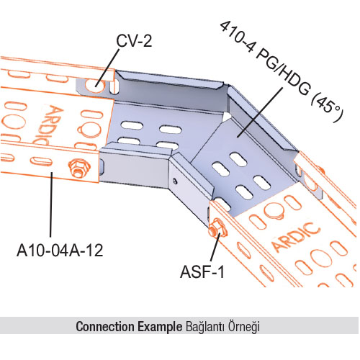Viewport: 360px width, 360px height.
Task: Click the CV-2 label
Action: point(134,41)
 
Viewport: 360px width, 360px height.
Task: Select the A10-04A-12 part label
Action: point(60,251)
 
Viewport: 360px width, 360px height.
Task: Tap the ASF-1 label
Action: point(202,272)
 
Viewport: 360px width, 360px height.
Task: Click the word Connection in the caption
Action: point(105,327)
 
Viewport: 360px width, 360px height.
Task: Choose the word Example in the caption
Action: point(160,327)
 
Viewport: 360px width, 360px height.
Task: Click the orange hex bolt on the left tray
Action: point(78,168)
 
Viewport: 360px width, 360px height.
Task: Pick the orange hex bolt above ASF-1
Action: point(217,228)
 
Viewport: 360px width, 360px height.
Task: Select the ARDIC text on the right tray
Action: point(297,237)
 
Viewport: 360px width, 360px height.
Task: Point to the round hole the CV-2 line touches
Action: point(96,86)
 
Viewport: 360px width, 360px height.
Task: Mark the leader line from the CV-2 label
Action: point(107,68)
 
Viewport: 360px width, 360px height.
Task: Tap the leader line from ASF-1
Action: point(215,247)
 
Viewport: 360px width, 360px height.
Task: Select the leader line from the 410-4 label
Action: point(259,112)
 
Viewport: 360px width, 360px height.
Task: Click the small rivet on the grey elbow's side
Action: point(176,181)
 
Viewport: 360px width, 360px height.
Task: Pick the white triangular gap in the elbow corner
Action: point(226,117)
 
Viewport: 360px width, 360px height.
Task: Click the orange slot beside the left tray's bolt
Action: point(41,161)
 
